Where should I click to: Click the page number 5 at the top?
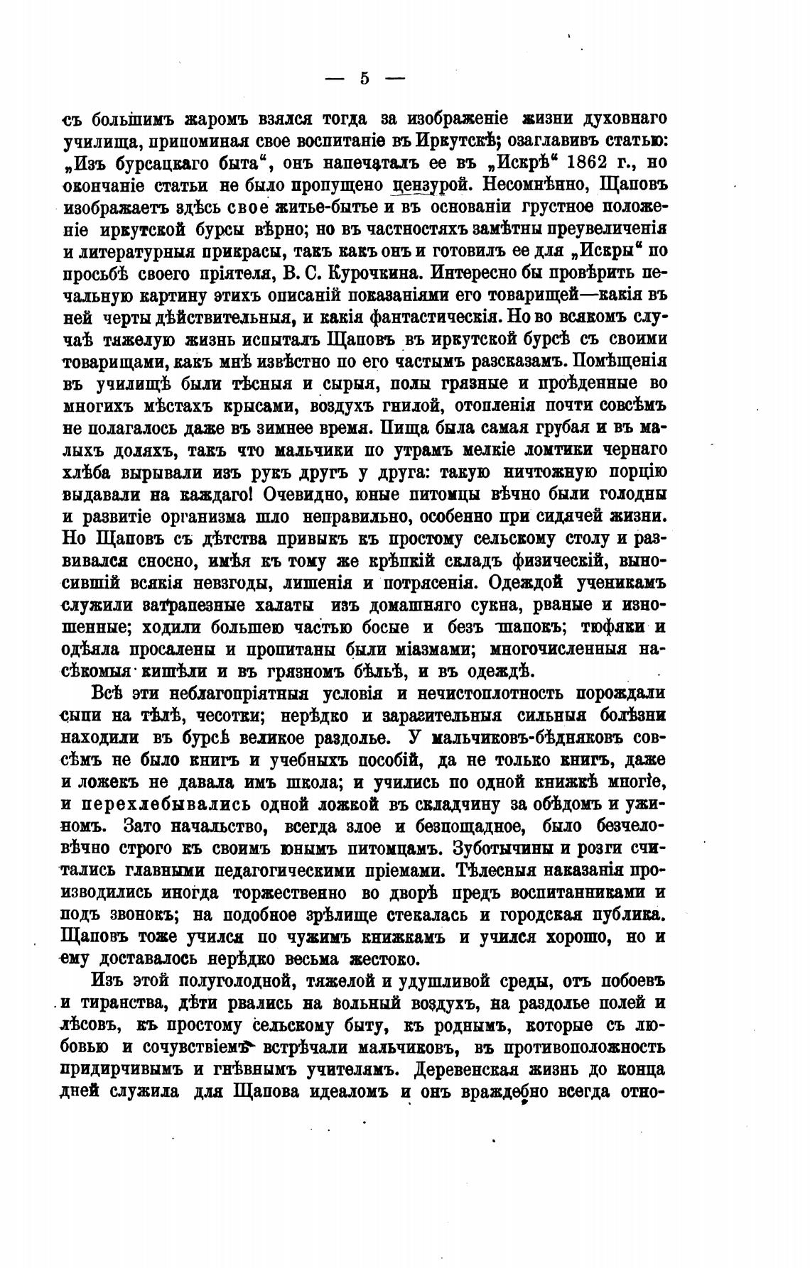tap(364, 78)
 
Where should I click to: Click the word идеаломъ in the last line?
tap(350, 1091)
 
